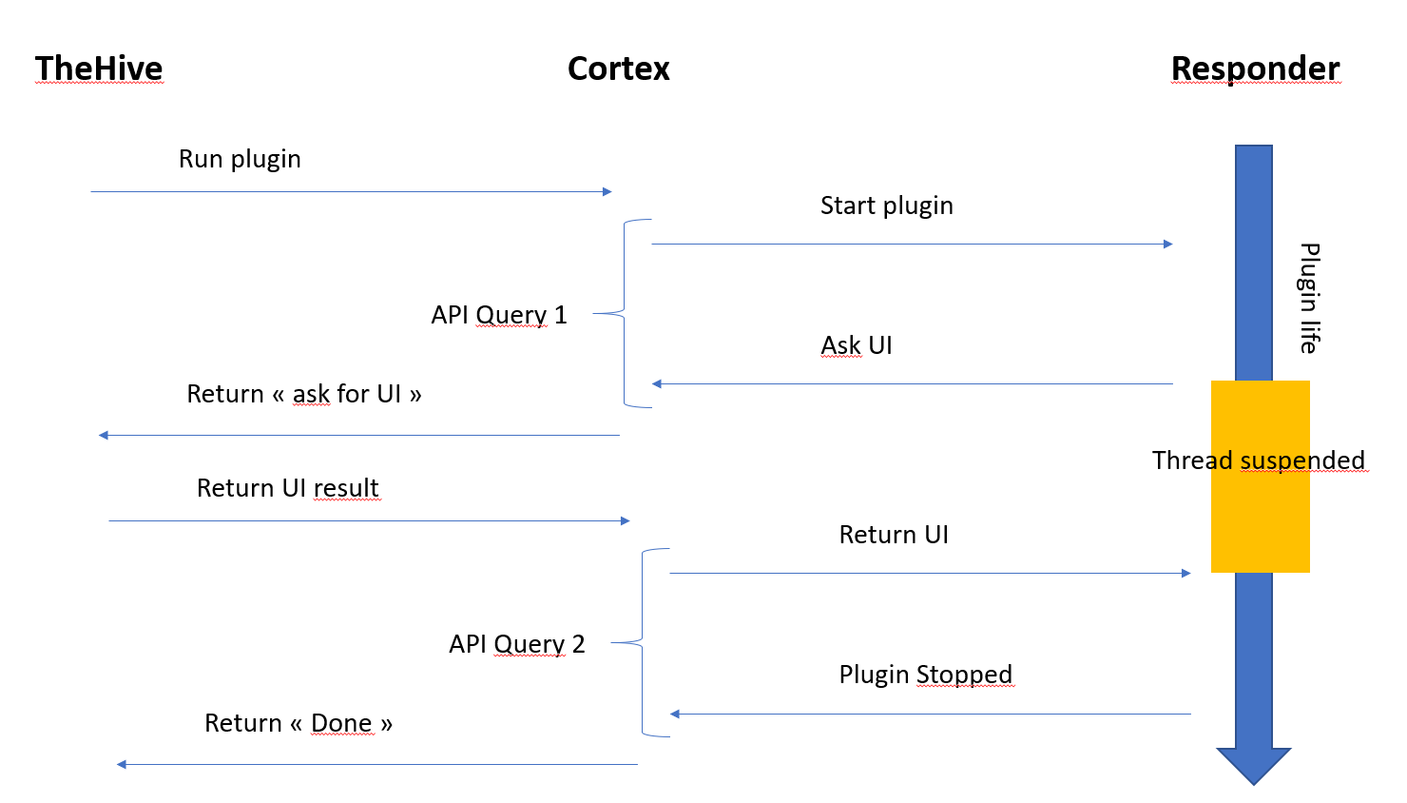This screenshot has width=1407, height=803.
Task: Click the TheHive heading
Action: [99, 69]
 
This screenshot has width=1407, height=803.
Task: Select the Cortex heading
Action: [618, 69]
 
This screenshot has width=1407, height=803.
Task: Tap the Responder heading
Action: [1255, 69]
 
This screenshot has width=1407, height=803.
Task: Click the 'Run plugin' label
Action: [240, 159]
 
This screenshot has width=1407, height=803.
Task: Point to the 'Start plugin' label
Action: [886, 206]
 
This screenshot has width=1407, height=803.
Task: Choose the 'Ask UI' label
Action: [856, 345]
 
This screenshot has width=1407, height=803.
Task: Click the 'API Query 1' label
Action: [499, 315]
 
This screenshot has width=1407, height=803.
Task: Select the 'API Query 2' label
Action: [516, 644]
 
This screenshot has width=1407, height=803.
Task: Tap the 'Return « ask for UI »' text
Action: [304, 394]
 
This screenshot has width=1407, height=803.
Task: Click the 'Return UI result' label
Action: [287, 488]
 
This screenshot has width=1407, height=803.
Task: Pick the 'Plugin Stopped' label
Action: [925, 675]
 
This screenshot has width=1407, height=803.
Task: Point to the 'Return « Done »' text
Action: [299, 723]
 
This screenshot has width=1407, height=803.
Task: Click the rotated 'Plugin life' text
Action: [1309, 298]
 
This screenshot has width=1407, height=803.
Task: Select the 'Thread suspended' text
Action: [1258, 460]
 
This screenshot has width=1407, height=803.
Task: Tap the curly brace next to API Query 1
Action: [626, 313]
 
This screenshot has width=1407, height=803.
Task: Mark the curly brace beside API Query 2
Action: [644, 642]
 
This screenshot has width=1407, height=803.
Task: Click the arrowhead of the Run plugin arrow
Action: [607, 192]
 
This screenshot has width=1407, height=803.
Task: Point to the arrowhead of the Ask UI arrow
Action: [657, 384]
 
